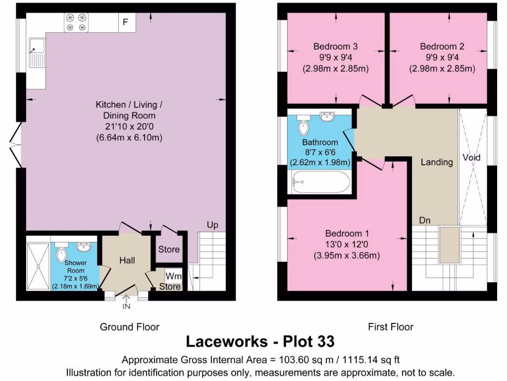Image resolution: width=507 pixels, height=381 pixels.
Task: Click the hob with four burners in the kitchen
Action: [x=75, y=22]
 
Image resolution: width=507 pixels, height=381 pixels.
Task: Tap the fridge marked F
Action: [x=126, y=22]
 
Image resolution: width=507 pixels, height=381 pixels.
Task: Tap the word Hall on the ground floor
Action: [x=127, y=260]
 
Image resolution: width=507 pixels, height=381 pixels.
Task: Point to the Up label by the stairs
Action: [x=212, y=225]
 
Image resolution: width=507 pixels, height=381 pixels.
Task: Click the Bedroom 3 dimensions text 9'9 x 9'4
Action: [x=336, y=58]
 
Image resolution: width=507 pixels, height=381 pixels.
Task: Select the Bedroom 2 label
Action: [x=442, y=47]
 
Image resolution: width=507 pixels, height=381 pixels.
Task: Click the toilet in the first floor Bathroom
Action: [x=303, y=125]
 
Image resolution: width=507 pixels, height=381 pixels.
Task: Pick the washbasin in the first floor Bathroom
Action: [x=327, y=117]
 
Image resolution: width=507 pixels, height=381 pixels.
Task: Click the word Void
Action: [x=471, y=158]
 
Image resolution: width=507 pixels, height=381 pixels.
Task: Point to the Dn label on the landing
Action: [x=424, y=220]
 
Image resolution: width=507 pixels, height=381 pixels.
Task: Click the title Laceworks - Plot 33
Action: [x=260, y=342]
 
